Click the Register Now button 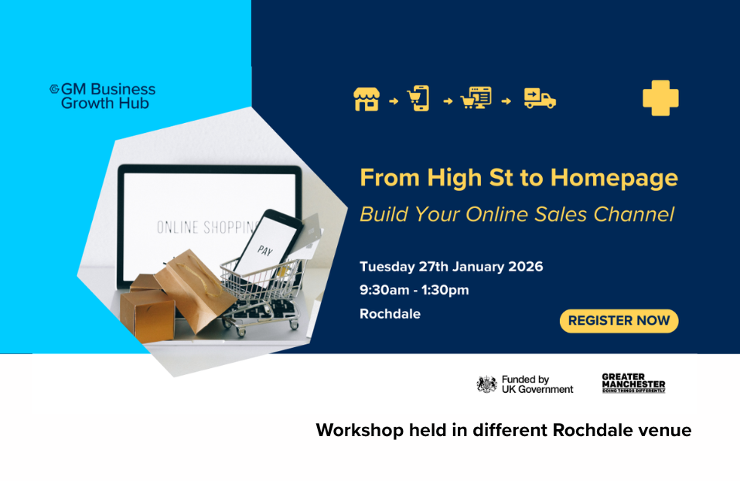pyautogui.click(x=619, y=321)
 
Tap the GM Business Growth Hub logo pyautogui.click(x=103, y=96)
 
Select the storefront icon pyautogui.click(x=367, y=99)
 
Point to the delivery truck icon pyautogui.click(x=540, y=99)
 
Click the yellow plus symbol pyautogui.click(x=660, y=98)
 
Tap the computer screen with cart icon pyautogui.click(x=476, y=99)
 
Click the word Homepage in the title pyautogui.click(x=614, y=179)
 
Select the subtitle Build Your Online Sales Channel pyautogui.click(x=517, y=214)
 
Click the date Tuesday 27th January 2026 pyautogui.click(x=451, y=267)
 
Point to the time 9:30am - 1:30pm pyautogui.click(x=414, y=290)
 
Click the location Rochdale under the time pyautogui.click(x=390, y=314)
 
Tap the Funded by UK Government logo pyautogui.click(x=525, y=384)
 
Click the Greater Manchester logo pyautogui.click(x=633, y=384)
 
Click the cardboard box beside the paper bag pyautogui.click(x=148, y=309)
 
